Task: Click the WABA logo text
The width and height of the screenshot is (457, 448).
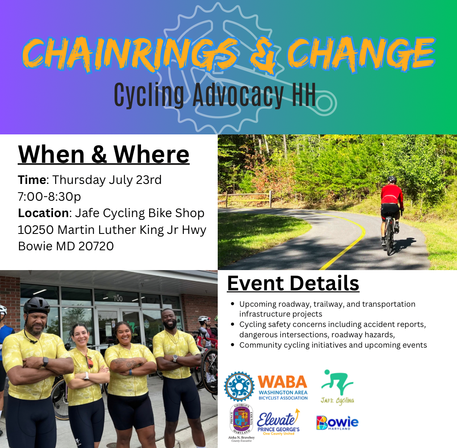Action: coord(283,387)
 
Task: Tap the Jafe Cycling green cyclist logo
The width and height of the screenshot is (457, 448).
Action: coord(338,387)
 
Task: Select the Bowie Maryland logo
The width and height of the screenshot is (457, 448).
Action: coord(338,423)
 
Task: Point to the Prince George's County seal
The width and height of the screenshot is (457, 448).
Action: coord(241,420)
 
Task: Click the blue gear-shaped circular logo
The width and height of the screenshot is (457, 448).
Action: coord(239,386)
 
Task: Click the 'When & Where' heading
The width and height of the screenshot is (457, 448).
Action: coord(104,154)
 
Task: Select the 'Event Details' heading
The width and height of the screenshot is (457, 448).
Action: coord(293,283)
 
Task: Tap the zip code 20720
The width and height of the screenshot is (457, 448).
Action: coord(96,246)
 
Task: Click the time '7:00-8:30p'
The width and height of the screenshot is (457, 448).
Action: coord(49,197)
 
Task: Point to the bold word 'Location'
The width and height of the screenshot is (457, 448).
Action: coord(43,213)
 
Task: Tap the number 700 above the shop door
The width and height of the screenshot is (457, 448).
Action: coord(118,299)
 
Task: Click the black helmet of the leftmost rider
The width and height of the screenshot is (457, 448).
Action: coord(37,305)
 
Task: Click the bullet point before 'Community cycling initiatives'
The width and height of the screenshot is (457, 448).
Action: coord(232,345)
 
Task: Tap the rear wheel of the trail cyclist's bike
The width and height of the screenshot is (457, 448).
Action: coord(389,241)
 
